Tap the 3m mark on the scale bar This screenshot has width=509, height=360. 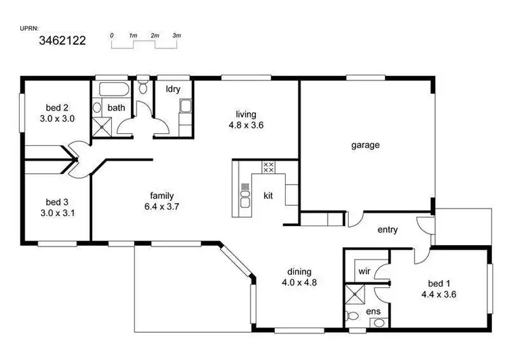pyautogui.click(x=177, y=35)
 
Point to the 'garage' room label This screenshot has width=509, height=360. pyautogui.click(x=365, y=145)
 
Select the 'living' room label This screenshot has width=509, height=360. pyautogui.click(x=246, y=114)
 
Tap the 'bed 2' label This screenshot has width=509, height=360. pyautogui.click(x=57, y=107)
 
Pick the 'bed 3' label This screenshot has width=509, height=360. pyautogui.click(x=57, y=202)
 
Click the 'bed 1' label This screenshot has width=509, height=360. pyautogui.click(x=439, y=283)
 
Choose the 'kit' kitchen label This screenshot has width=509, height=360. pyautogui.click(x=269, y=196)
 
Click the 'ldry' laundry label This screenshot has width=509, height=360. pyautogui.click(x=173, y=88)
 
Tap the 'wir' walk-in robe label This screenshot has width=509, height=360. pyautogui.click(x=364, y=271)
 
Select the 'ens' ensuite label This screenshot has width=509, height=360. pyautogui.click(x=374, y=311)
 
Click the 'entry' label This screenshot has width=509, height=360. pyautogui.click(x=388, y=230)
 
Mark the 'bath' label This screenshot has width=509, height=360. pyautogui.click(x=116, y=107)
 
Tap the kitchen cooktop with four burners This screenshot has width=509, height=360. pyautogui.click(x=267, y=166)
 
